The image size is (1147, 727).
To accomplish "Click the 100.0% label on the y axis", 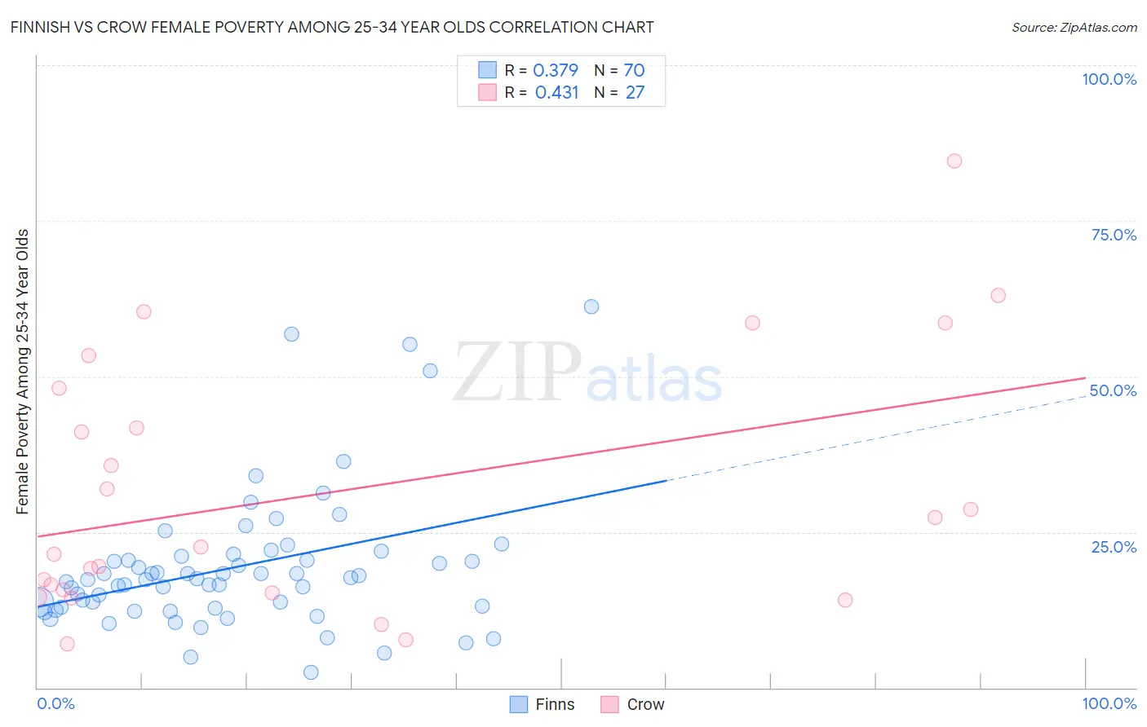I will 1109,79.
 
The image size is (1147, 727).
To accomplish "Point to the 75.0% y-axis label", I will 1114,235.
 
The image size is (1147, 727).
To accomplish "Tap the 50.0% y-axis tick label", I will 1113,390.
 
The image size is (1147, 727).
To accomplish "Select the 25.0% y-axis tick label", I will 1114,546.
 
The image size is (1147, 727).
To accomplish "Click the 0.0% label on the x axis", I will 55,703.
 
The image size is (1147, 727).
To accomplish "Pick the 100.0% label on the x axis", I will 1109,703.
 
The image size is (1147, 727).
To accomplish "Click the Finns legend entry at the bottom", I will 542,704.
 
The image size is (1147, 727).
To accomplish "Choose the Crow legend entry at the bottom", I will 633,704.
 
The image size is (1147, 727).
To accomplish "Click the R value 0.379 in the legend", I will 556,71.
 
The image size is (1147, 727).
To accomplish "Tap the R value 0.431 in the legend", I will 556,93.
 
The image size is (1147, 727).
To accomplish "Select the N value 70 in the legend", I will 634,71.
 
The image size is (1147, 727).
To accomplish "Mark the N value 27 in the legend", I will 635,93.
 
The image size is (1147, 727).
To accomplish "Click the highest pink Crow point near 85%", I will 954,161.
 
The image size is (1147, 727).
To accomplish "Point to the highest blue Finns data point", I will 591,306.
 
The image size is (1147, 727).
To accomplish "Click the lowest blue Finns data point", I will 311,672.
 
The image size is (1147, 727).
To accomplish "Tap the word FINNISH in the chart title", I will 40,27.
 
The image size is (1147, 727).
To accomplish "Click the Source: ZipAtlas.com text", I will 1074,27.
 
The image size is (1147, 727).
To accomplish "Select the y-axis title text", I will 22,371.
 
